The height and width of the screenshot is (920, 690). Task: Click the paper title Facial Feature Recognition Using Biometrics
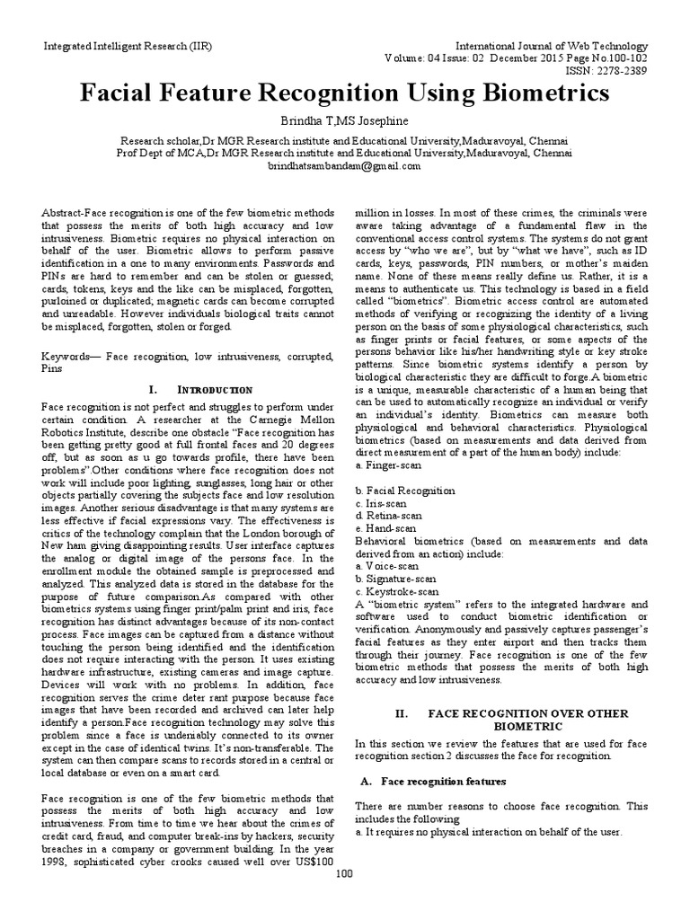click(x=346, y=93)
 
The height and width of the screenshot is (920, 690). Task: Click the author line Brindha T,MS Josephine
click(x=345, y=121)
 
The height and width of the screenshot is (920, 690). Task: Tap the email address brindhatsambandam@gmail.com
click(x=345, y=166)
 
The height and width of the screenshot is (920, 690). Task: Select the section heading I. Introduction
click(x=199, y=389)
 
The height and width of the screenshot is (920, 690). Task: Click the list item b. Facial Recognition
click(x=405, y=491)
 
